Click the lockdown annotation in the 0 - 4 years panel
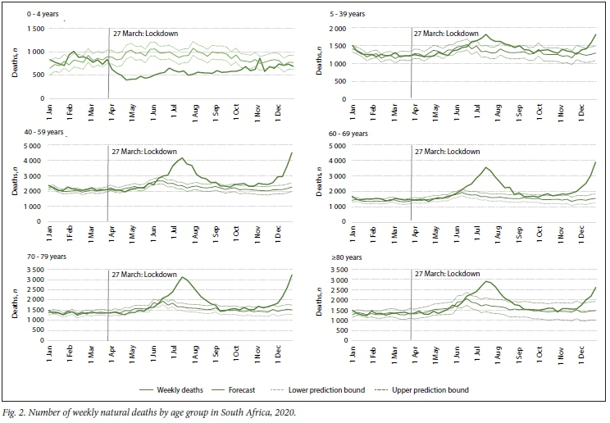[146, 34]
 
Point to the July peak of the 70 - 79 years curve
[183, 277]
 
